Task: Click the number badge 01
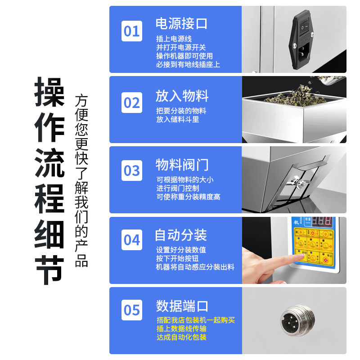[132, 31]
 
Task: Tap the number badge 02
[132, 103]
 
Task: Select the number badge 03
[132, 171]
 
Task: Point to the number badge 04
[132, 240]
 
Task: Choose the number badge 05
[132, 310]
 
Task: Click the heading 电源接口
[182, 23]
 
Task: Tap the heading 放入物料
[182, 96]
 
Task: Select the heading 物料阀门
[182, 164]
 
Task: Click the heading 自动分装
[181, 235]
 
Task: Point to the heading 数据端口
[182, 306]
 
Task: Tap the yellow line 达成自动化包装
[181, 337]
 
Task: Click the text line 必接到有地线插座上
[188, 64]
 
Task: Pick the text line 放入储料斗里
[178, 119]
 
